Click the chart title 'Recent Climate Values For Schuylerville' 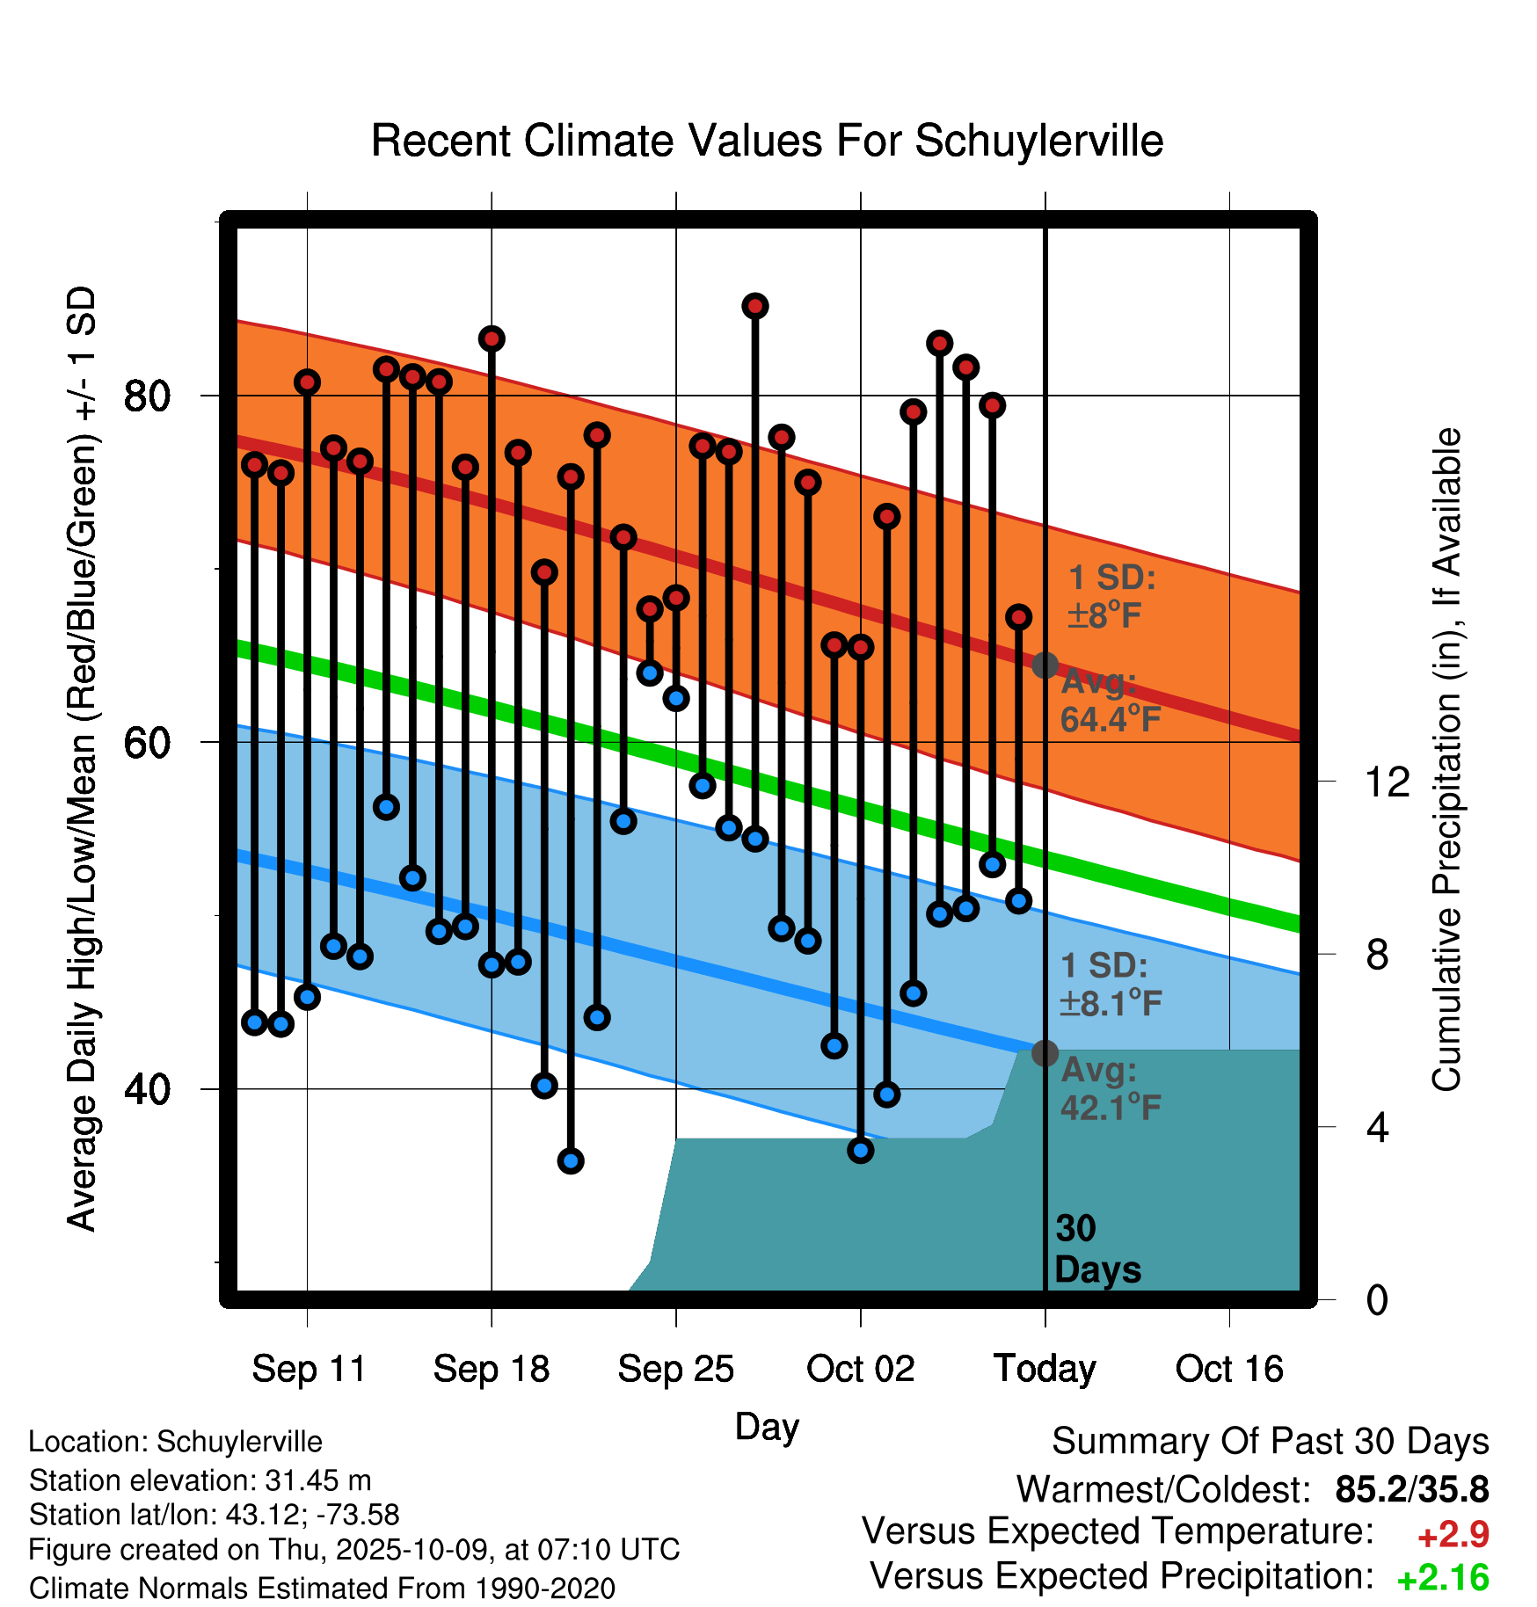767,141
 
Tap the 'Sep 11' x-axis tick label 308,1369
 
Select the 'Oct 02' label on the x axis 860,1369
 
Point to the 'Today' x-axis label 1045,1369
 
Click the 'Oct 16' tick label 1229,1369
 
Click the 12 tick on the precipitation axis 1387,782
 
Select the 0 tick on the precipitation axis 1377,1299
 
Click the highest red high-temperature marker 755,306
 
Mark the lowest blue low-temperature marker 571,1161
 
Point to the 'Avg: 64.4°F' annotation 1110,701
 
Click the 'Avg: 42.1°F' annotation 1111,1089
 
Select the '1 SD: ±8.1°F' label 1111,985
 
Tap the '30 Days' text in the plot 1096,1249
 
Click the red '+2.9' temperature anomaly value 1453,1535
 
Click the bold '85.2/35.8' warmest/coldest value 1411,1489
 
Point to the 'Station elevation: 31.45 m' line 200,1480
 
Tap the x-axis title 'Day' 767,1426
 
